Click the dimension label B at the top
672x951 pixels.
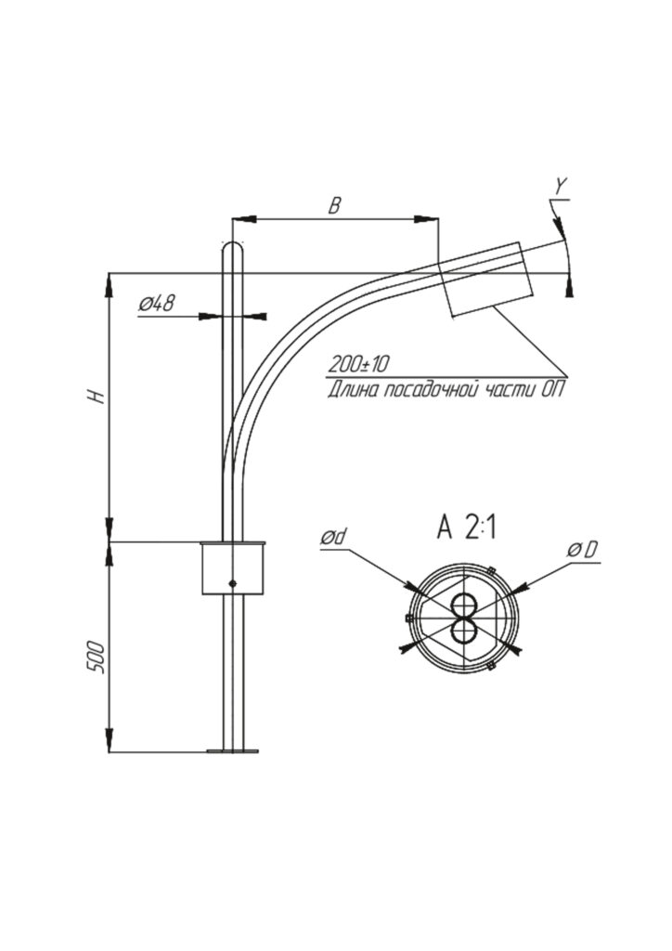coord(335,205)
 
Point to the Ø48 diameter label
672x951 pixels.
coord(159,303)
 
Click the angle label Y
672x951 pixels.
coord(560,187)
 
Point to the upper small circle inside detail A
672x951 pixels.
coord(462,607)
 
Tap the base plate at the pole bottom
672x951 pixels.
coord(233,749)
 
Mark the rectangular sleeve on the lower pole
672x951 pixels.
coord(234,568)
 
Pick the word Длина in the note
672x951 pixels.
coord(352,390)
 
